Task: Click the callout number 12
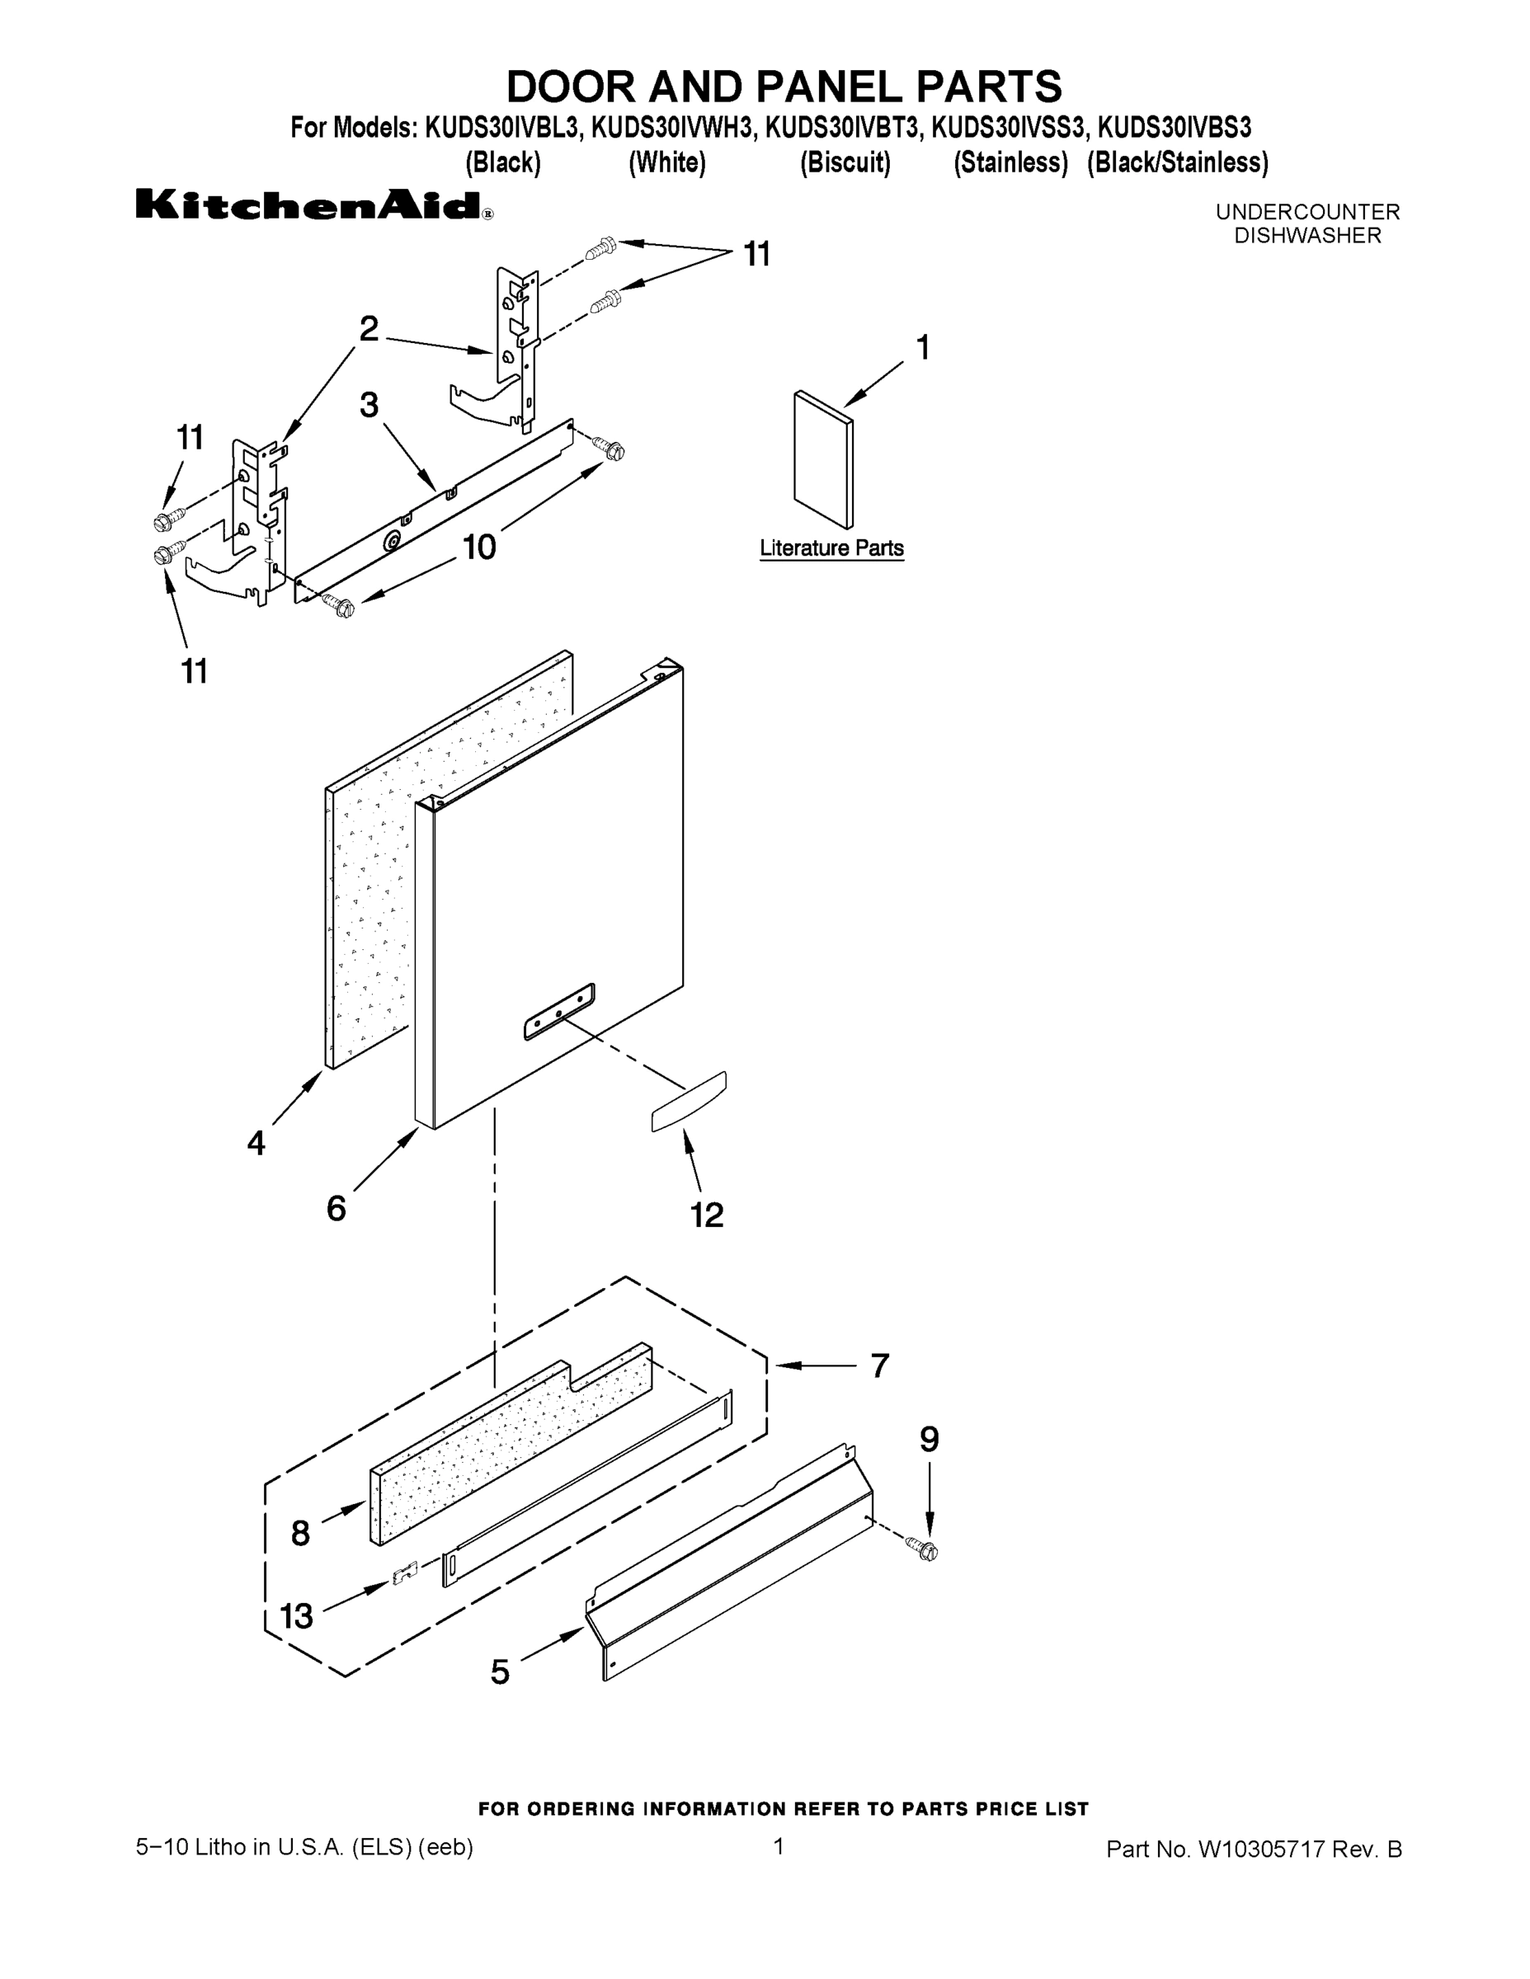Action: (707, 1215)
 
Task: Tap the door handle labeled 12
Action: (689, 1101)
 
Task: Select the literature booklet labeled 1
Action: (822, 459)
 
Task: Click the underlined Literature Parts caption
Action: (831, 548)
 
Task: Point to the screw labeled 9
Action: (927, 1550)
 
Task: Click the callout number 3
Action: (369, 405)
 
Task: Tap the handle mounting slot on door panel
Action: (559, 1010)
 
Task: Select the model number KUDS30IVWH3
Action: (671, 128)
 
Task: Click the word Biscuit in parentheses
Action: (845, 163)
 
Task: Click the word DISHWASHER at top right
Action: (1307, 236)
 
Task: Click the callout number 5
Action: (501, 1671)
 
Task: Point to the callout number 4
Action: (257, 1143)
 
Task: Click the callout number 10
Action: (479, 547)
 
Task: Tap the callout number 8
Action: (301, 1533)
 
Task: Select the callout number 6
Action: (337, 1208)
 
